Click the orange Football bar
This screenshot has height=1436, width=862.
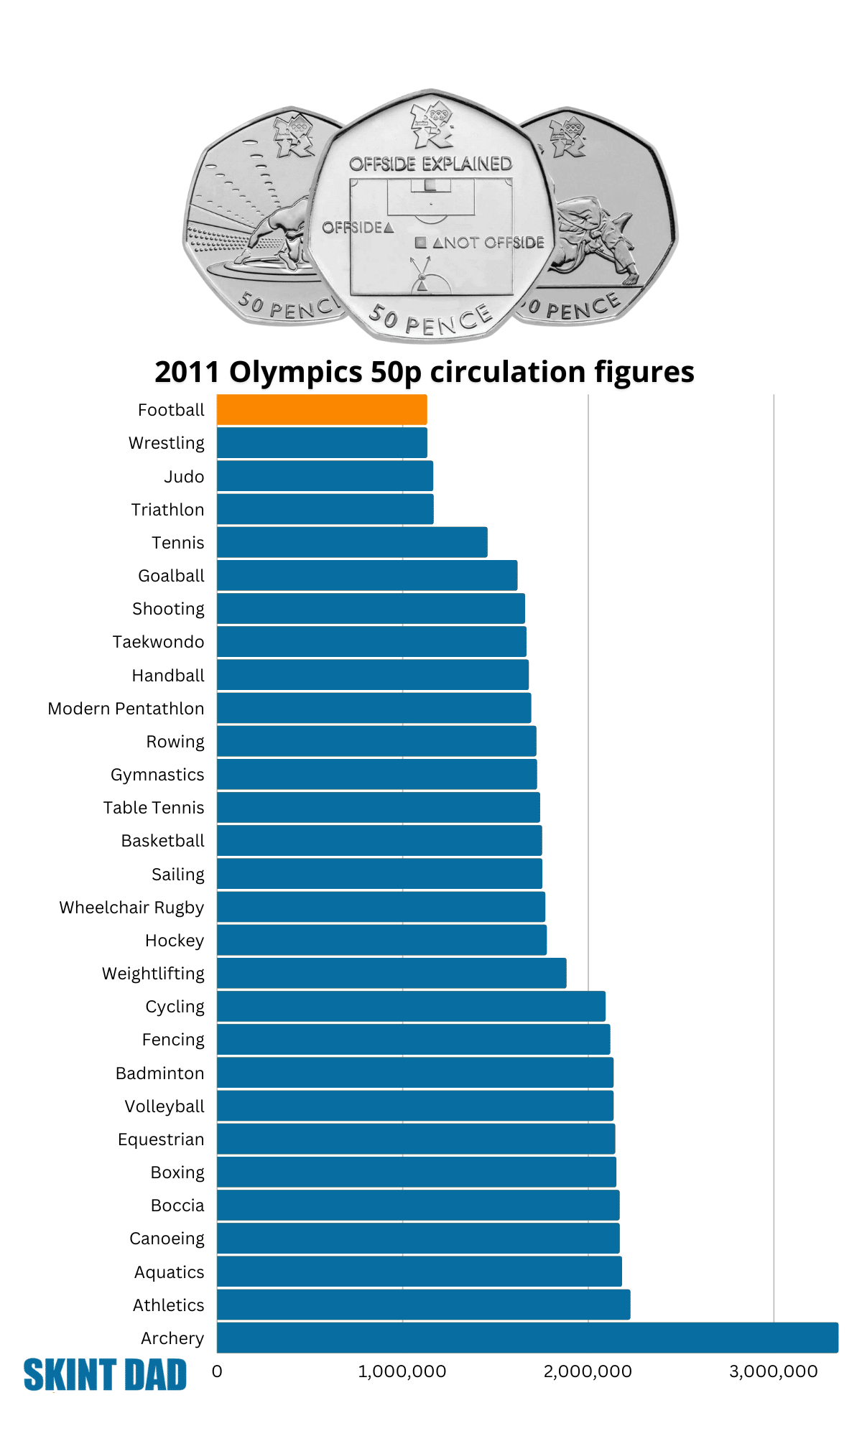coord(322,410)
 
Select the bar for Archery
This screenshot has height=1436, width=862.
coord(527,1338)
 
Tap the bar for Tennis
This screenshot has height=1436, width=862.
coord(352,542)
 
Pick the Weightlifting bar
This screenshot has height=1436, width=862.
coord(391,973)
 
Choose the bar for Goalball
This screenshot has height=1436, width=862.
coord(367,575)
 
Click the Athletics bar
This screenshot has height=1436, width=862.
coord(423,1305)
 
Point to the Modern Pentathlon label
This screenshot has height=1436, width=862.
coord(126,709)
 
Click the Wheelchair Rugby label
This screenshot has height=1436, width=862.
coord(131,908)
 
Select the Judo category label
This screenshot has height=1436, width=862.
coord(184,477)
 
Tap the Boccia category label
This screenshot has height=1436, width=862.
coord(177,1206)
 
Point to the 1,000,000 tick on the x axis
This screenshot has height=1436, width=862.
coord(402,1371)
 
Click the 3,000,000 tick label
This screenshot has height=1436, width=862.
coord(773,1371)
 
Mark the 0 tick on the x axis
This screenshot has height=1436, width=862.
coord(217,1371)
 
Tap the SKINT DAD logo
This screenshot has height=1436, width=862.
coord(105,1375)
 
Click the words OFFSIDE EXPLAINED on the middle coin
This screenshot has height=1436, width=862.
coord(430,164)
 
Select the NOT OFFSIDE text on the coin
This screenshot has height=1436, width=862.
coord(488,243)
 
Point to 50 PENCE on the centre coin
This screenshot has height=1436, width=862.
coord(430,320)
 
